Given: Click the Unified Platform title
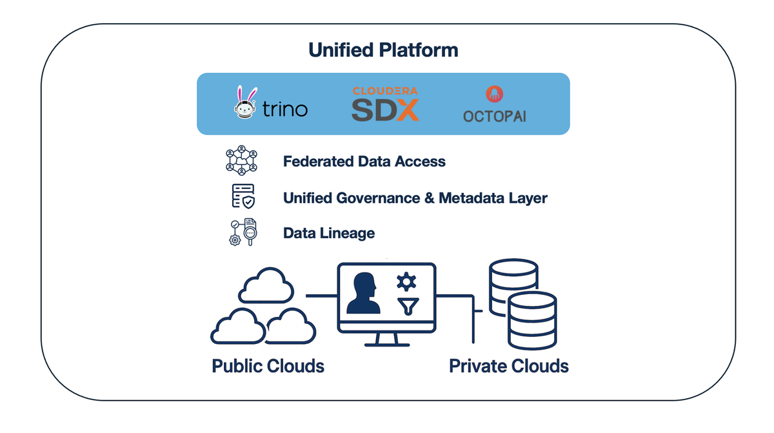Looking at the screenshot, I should click(383, 50).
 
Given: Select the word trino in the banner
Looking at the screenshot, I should click(284, 108).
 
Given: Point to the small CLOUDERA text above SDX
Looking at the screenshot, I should click(385, 91).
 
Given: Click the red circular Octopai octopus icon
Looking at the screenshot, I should click(495, 94).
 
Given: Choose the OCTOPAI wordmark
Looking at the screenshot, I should click(495, 116).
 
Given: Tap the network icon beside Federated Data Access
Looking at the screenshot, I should click(241, 161).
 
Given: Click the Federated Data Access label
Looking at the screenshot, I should click(364, 161).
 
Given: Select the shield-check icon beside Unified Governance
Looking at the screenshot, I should click(243, 196).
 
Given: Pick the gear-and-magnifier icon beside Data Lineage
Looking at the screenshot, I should click(243, 232).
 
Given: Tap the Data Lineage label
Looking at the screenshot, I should click(328, 233).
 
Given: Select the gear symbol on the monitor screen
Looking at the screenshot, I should click(406, 281).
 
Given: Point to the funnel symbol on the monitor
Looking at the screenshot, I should click(407, 306).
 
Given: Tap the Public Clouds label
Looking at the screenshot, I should click(268, 366).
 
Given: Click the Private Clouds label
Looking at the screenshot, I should click(508, 366).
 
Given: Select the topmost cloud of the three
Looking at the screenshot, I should click(266, 287).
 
